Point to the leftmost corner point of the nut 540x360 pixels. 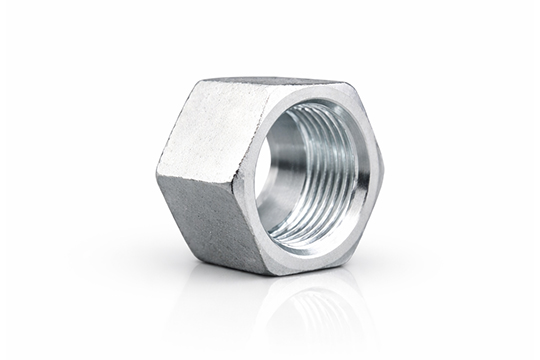tap(157, 173)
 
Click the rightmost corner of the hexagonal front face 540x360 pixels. tap(383, 166)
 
